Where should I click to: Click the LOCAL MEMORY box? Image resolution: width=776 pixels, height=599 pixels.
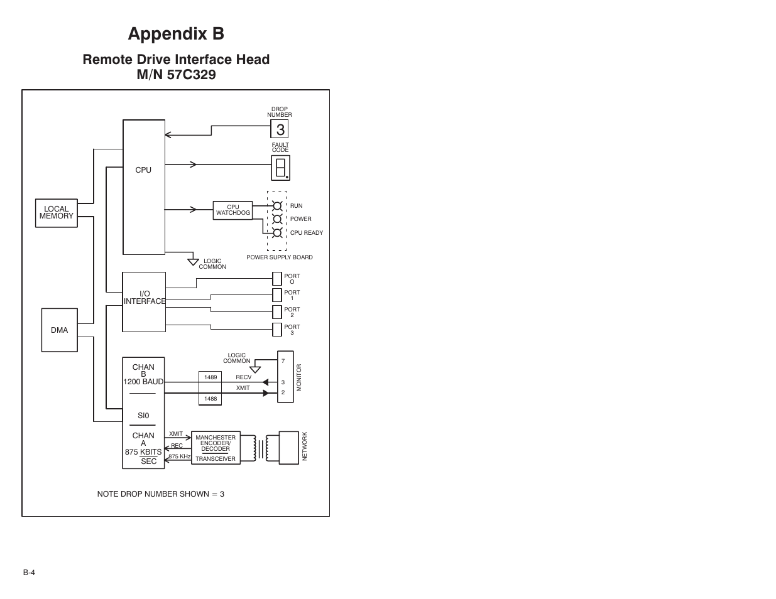(x=57, y=213)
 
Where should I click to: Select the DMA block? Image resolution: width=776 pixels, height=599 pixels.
(x=60, y=330)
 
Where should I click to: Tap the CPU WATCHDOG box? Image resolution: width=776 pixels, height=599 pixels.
(x=233, y=210)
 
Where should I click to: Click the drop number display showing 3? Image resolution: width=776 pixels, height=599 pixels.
(x=280, y=129)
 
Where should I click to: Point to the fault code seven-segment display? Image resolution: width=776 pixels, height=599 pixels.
(x=281, y=168)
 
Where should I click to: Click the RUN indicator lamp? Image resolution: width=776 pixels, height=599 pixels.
(x=277, y=206)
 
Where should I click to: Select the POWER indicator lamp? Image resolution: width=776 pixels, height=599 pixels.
(x=277, y=219)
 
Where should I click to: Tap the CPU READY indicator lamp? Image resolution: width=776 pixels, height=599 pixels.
(x=277, y=232)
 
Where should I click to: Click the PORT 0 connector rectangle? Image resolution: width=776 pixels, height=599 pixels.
(x=277, y=279)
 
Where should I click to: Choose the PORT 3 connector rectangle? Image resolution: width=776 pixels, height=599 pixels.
(x=277, y=330)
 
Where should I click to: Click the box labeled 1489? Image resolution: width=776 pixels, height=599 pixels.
(x=210, y=377)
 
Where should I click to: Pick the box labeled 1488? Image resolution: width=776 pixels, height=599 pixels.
(x=210, y=399)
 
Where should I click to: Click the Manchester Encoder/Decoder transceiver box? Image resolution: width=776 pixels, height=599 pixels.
(x=216, y=448)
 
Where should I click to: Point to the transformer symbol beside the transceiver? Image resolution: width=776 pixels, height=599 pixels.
(x=261, y=448)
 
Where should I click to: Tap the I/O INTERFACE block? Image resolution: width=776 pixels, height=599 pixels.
(x=144, y=302)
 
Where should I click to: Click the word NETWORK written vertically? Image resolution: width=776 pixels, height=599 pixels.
(x=305, y=446)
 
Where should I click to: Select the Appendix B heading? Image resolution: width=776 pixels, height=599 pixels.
(x=176, y=33)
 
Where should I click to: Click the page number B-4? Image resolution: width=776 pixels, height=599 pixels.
(x=29, y=573)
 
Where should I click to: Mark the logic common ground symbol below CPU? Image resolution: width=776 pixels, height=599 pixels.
(x=194, y=261)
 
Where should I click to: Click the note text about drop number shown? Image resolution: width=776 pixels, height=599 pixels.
(x=160, y=494)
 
